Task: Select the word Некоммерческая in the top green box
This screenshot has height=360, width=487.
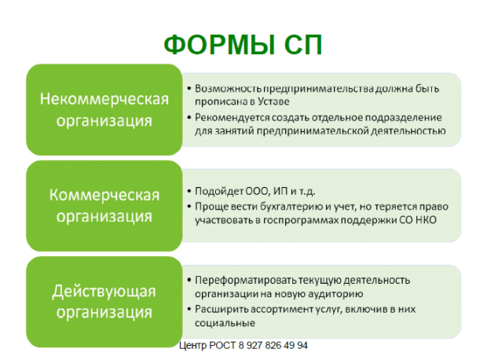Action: (104, 99)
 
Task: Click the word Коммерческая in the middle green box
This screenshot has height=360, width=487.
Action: (104, 194)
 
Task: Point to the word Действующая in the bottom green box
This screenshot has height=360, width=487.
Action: (104, 291)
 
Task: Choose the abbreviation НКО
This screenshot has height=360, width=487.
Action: (422, 219)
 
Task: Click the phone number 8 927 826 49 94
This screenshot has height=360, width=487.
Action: (267, 345)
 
